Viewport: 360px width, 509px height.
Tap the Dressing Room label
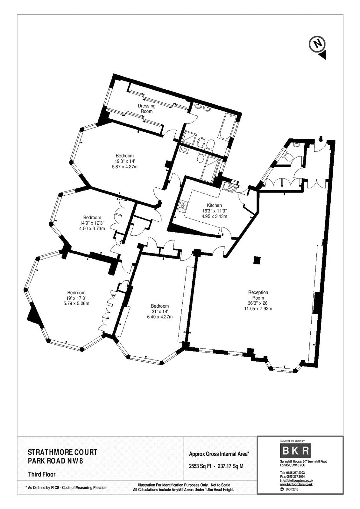pyautogui.click(x=147, y=108)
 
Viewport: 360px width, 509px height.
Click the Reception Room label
pyautogui.click(x=258, y=295)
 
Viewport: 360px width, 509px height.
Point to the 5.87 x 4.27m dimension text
pyautogui.click(x=125, y=167)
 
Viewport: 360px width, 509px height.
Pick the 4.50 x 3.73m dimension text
pyautogui.click(x=92, y=229)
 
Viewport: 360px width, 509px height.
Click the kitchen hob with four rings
pyautogui.click(x=183, y=205)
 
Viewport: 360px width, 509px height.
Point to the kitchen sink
pyautogui.click(x=228, y=187)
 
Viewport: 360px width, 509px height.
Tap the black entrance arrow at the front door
pyautogui.click(x=321, y=138)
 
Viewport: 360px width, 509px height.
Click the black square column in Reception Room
pyautogui.click(x=257, y=260)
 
